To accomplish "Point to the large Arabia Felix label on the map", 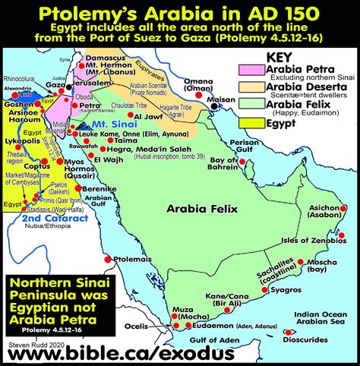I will click(200, 205).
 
